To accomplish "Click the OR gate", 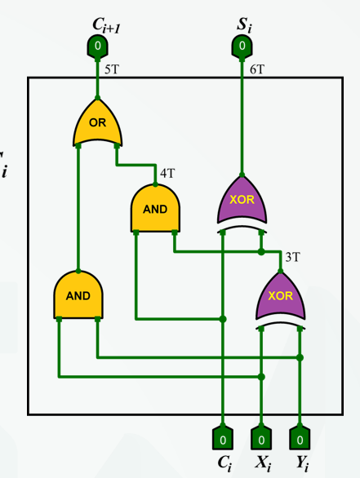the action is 97,122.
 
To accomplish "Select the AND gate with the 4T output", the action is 155,209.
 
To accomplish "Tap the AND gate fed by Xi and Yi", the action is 78,295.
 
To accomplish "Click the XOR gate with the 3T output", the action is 280,296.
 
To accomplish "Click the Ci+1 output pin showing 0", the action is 97,46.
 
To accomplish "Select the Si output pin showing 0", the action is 242,46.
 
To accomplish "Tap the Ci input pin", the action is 223,439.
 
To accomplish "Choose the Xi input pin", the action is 261,439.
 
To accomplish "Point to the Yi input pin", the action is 300,439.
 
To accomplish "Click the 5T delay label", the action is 111,70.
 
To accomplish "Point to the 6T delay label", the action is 257,70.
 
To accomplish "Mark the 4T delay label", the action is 167,174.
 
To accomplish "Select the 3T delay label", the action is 292,257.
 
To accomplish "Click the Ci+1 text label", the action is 106,25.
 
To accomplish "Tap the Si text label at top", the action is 245,25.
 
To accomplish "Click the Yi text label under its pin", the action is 303,463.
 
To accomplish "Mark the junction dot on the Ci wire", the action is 223,319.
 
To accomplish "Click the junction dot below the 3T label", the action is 261,252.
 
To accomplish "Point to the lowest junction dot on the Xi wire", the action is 261,377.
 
